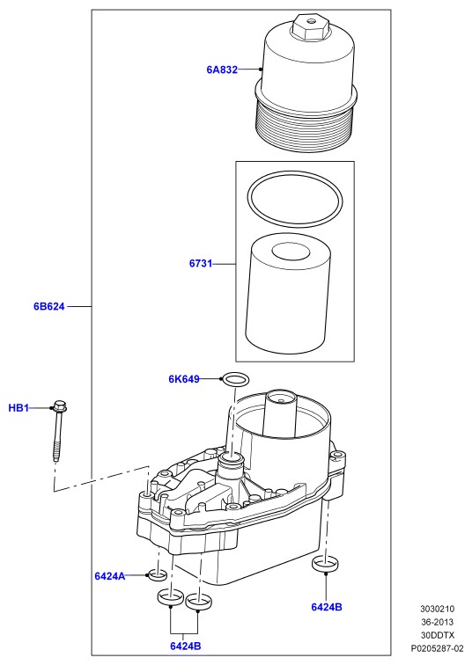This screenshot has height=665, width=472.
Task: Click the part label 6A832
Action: tap(222, 69)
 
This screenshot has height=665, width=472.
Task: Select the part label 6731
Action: tap(201, 263)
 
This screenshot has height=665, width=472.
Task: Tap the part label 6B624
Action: tap(49, 306)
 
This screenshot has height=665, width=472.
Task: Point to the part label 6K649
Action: tap(184, 379)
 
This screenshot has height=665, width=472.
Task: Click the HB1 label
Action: tap(18, 408)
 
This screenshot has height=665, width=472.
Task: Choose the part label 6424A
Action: tap(110, 576)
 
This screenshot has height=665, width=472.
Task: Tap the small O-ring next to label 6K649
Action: tap(236, 379)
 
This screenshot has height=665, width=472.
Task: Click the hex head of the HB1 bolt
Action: tap(60, 406)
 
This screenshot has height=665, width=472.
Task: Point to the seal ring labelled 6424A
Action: tap(157, 574)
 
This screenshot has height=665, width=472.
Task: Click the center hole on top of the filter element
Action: tap(291, 252)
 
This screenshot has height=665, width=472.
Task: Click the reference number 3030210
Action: tap(437, 609)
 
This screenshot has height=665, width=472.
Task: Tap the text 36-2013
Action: tap(437, 622)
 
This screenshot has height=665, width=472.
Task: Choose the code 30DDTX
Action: tap(438, 635)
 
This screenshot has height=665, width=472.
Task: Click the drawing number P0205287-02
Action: tap(437, 648)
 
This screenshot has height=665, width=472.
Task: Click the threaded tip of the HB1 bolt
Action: tap(55, 454)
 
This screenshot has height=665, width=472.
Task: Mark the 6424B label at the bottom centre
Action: tap(186, 646)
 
